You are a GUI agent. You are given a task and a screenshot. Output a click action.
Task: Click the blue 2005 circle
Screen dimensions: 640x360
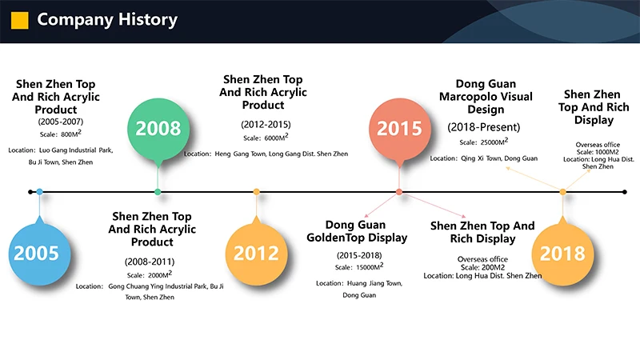[x=39, y=254]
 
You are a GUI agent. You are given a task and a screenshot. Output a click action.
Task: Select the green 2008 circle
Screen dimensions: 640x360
[x=158, y=129]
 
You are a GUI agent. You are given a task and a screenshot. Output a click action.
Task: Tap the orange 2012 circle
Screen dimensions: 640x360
[x=256, y=254]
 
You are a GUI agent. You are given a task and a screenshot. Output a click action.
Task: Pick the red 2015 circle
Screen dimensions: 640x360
[x=399, y=129]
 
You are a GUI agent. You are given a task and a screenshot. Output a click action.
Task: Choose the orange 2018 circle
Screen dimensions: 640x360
[x=563, y=254]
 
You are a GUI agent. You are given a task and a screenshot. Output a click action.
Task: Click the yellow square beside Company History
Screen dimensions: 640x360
[x=19, y=20]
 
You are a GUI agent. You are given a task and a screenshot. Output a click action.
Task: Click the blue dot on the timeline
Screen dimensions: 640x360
[x=39, y=192]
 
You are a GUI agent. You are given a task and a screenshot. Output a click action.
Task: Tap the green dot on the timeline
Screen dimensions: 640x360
[x=158, y=192]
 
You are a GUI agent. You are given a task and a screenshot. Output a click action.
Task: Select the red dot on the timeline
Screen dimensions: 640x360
[x=399, y=192]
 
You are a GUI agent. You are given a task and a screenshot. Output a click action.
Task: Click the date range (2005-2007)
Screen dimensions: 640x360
[x=61, y=122]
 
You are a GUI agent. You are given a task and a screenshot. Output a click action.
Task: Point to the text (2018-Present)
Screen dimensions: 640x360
[x=484, y=127]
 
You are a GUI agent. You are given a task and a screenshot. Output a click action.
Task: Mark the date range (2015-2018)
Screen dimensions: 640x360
[x=359, y=255]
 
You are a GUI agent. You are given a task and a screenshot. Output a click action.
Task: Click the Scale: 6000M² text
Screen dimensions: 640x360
[x=266, y=137]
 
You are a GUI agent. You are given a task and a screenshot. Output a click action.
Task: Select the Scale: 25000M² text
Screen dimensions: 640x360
[x=484, y=142]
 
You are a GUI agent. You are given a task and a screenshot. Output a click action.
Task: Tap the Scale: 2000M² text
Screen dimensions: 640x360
[x=150, y=274]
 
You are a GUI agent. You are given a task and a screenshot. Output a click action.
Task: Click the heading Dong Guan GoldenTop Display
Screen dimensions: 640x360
[x=357, y=231]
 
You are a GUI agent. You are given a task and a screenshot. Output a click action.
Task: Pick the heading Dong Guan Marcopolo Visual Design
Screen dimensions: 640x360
[x=486, y=96]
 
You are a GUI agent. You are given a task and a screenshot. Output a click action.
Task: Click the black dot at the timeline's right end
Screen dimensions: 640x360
[x=625, y=192]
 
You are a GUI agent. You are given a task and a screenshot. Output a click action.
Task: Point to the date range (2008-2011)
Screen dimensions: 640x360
[x=150, y=262]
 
